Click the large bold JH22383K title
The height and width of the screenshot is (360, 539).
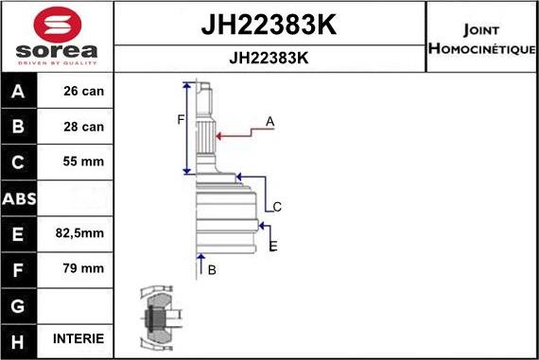point(269,24)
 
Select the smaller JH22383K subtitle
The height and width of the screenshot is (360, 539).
point(269,57)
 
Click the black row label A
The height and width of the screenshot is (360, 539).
point(19,92)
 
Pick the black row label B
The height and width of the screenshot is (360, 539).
point(19,127)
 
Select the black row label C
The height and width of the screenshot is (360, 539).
point(19,162)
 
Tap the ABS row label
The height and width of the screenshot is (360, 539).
point(19,197)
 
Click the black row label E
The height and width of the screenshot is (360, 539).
point(19,232)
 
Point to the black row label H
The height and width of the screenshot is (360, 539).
point(19,339)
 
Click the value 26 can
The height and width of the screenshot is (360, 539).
point(84,92)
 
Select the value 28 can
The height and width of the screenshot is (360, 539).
point(84,127)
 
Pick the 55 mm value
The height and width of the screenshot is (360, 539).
point(84,162)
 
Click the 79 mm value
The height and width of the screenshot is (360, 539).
point(84,268)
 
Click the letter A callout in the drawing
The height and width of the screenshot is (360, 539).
point(269,121)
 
